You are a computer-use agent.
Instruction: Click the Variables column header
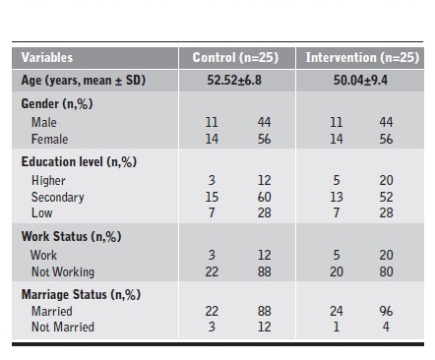point(46,58)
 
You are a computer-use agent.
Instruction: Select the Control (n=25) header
point(234,58)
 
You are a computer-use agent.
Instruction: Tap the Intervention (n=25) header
point(358,58)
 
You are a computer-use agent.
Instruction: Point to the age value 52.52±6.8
point(234,81)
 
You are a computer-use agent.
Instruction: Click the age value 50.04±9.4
point(358,81)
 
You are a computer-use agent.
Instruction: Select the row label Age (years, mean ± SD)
point(83,81)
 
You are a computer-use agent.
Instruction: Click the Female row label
point(50,140)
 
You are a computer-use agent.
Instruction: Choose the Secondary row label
point(58,198)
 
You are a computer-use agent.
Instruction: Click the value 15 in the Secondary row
point(211,198)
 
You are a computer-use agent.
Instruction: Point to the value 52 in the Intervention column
point(386,198)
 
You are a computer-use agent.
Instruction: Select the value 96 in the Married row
point(386,313)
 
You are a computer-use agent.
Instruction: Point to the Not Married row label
point(63,329)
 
